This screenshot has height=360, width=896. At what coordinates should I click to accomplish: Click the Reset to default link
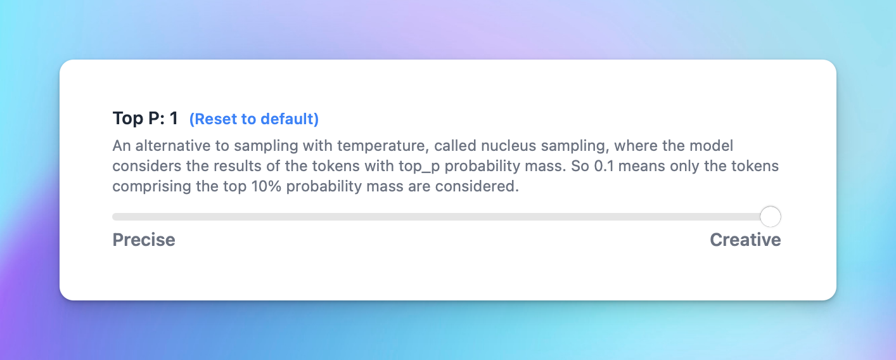point(253,119)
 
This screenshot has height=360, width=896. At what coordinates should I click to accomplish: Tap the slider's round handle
point(771,216)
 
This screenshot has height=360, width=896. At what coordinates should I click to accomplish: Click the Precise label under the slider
point(144,240)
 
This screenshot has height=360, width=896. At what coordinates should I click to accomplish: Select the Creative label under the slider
point(745,240)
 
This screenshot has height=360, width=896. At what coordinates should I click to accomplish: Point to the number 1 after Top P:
point(174,118)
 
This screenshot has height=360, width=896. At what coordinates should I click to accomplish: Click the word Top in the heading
point(128,119)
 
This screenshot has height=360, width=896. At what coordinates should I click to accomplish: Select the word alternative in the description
point(173,146)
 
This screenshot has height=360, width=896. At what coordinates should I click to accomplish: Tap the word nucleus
point(508,146)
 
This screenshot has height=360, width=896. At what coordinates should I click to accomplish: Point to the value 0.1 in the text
point(604,166)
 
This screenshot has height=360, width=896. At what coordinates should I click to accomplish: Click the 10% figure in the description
point(266,186)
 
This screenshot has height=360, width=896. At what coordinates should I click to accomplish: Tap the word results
point(237,166)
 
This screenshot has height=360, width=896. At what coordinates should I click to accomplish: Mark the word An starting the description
point(122,146)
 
